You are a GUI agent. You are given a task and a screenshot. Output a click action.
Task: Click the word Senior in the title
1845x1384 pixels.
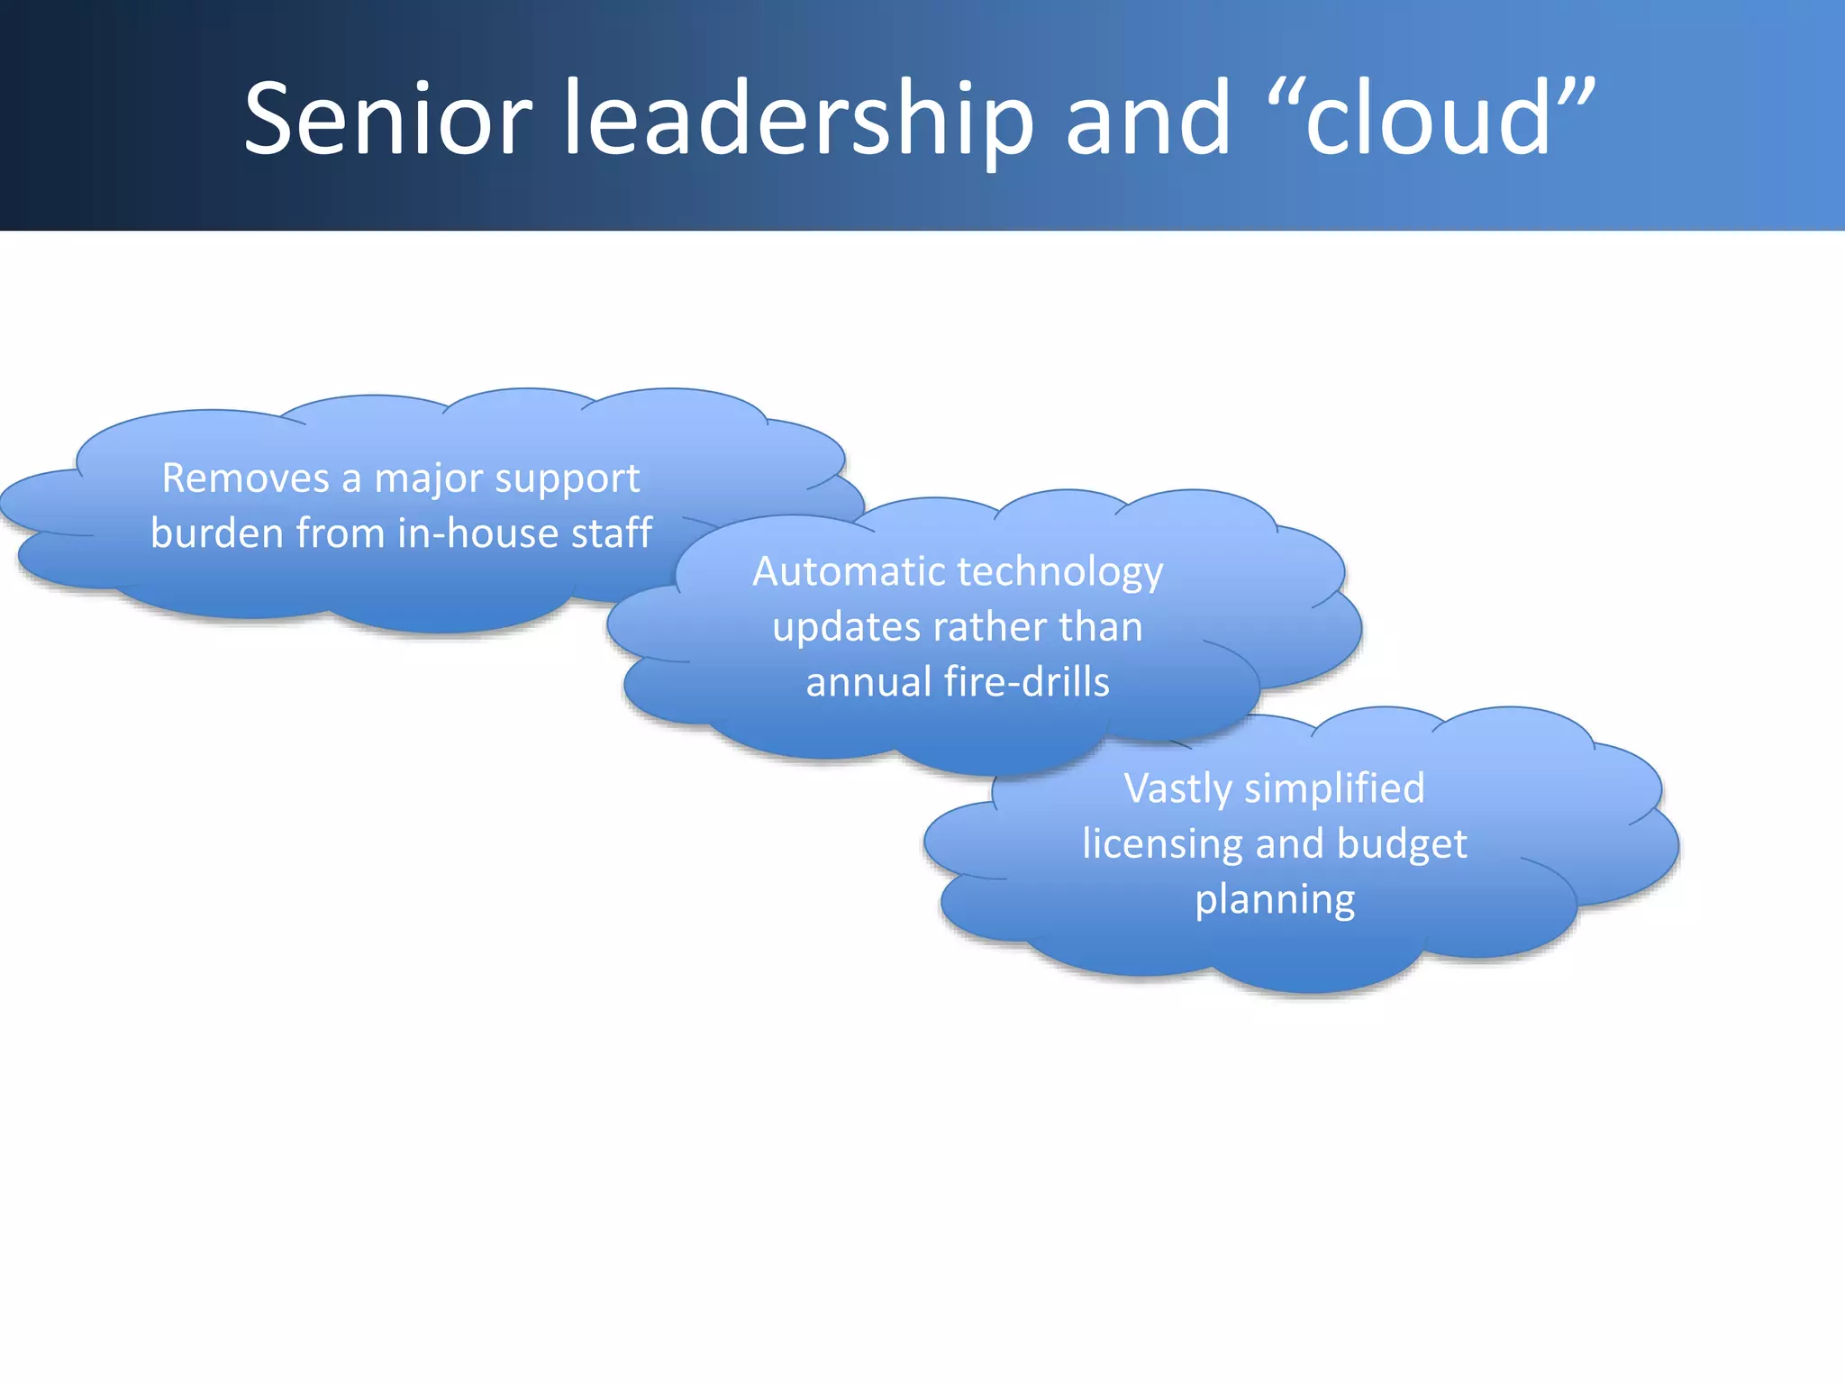388,119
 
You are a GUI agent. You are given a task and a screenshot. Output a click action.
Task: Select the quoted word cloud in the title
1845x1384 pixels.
1431,119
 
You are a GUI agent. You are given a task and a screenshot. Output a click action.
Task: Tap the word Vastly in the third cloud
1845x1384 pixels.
1177,789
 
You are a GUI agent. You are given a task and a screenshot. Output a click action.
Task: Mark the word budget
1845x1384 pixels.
1402,844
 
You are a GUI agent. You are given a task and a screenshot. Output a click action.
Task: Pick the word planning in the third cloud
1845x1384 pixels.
1275,900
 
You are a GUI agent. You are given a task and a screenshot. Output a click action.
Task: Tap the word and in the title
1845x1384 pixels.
1148,119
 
